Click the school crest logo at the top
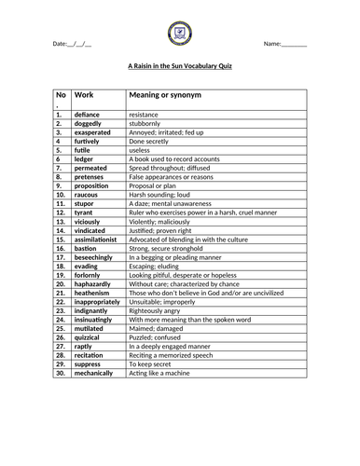[x=180, y=34]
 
